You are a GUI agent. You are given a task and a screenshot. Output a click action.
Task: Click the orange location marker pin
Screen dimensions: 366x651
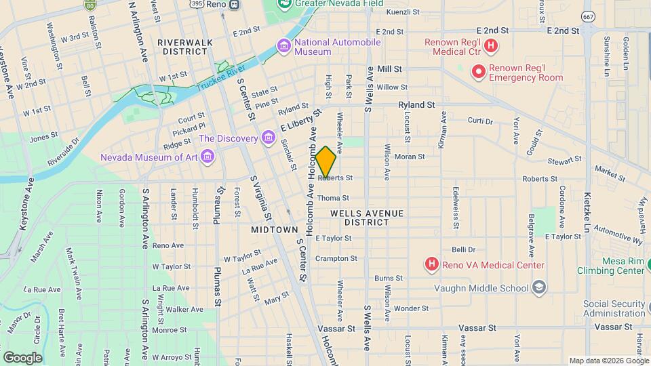[x=326, y=163]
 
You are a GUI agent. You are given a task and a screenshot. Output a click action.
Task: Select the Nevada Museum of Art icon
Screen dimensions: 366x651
[x=208, y=157]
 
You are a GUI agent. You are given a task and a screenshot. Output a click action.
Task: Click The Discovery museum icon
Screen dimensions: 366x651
[x=269, y=139]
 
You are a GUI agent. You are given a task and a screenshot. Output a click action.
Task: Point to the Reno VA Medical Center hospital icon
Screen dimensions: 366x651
[x=431, y=264]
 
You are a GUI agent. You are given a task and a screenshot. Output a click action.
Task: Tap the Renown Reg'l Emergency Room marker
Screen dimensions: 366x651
[x=479, y=70]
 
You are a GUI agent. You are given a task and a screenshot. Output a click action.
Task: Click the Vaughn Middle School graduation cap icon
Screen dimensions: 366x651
[x=539, y=287]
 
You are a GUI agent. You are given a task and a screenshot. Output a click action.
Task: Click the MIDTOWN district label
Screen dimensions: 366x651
[x=275, y=230]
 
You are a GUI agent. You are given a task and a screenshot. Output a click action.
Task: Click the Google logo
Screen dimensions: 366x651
[x=22, y=357]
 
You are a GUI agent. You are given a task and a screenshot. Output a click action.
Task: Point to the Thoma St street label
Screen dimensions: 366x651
[x=333, y=198]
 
